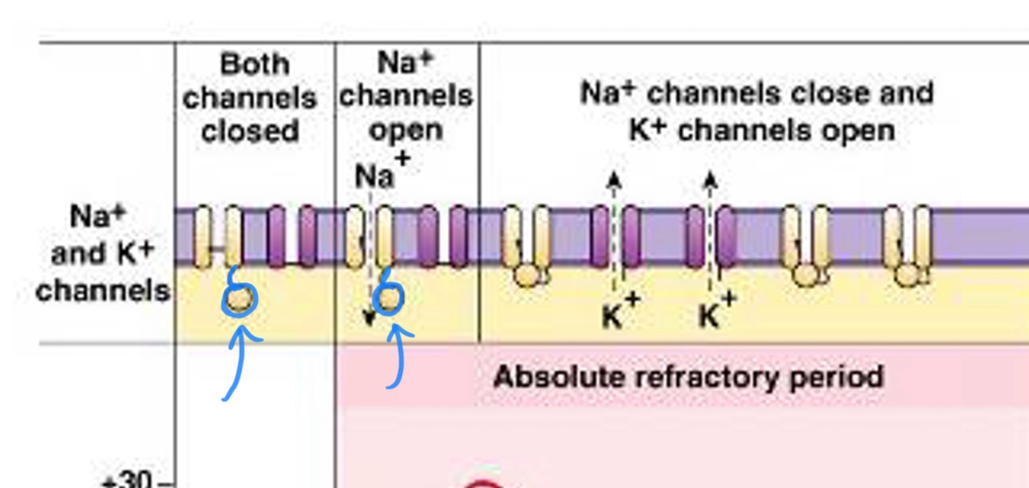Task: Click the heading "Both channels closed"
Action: (250, 97)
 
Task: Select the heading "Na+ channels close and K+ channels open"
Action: (757, 111)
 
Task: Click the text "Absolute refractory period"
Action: (688, 377)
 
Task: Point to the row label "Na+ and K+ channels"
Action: (103, 253)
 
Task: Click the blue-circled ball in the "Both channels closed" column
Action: (240, 298)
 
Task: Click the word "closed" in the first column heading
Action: (250, 131)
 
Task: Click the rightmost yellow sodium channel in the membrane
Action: (908, 244)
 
